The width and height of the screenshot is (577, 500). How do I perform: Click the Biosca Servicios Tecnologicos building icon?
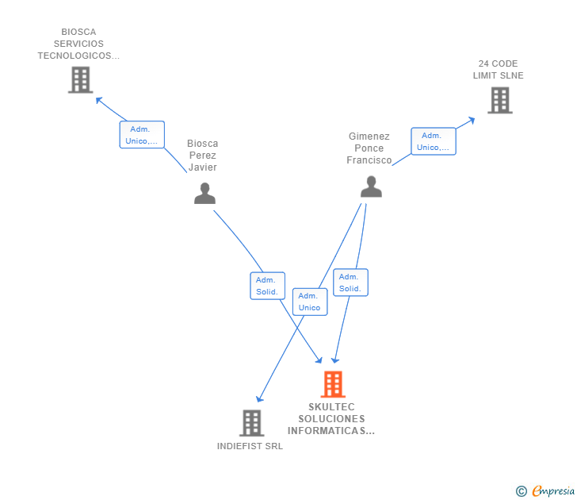(x=80, y=79)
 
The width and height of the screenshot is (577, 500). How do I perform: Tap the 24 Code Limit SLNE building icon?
(x=499, y=100)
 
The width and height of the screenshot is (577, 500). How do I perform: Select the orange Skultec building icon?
(x=333, y=384)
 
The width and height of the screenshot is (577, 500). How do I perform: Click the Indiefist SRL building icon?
(x=251, y=423)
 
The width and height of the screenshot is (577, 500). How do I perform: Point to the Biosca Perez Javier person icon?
(x=204, y=193)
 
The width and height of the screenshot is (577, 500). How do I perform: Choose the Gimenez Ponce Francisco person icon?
(x=370, y=187)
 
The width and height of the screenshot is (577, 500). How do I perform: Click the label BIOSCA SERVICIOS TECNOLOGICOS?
(x=78, y=44)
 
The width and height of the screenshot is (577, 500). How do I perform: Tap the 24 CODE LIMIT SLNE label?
(x=499, y=70)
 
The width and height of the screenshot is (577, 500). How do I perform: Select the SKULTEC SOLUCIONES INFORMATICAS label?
(x=331, y=419)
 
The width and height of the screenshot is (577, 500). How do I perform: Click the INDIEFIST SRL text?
(x=250, y=446)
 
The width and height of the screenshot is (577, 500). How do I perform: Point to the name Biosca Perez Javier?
(x=202, y=156)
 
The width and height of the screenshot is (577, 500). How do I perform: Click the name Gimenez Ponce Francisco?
(x=369, y=148)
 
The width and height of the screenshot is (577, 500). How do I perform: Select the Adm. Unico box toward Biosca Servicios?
(x=142, y=135)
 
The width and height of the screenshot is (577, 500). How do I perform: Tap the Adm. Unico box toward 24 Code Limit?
(x=433, y=141)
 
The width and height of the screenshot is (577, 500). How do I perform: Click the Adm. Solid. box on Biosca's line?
(x=267, y=286)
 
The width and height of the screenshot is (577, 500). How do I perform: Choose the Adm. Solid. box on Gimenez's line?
(x=350, y=283)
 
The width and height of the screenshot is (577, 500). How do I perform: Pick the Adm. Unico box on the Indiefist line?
(x=309, y=302)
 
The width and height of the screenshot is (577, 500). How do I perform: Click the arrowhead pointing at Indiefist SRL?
(x=259, y=398)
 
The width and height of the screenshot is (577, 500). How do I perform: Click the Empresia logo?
(x=546, y=491)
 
